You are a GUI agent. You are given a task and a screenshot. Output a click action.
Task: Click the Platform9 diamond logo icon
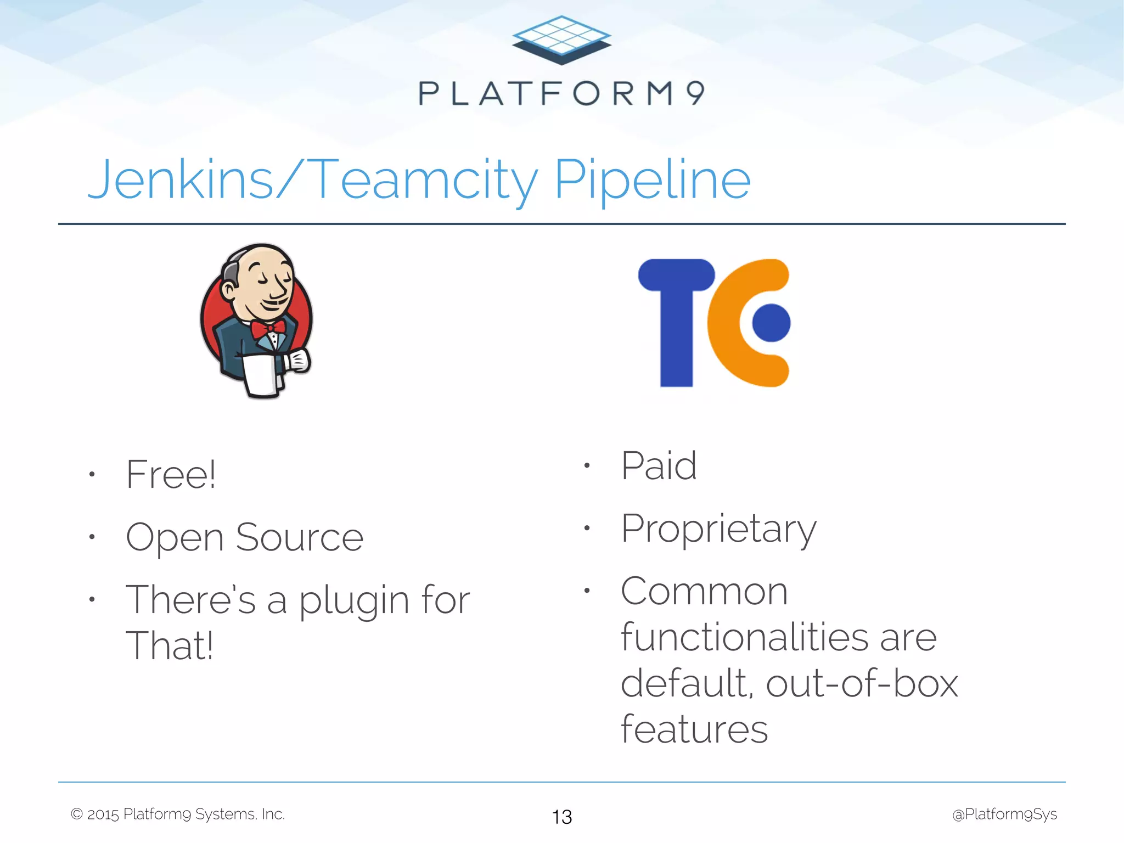point(561,40)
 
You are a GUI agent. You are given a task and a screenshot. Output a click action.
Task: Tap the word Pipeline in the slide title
point(652,180)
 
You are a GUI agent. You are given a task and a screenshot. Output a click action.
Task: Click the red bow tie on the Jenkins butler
point(268,329)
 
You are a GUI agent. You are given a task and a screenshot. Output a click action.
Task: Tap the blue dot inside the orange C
point(771,323)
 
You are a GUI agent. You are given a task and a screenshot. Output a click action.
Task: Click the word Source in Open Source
point(300,537)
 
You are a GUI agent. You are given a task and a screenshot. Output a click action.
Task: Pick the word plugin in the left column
point(353,601)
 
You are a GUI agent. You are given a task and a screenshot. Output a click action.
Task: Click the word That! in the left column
point(169,646)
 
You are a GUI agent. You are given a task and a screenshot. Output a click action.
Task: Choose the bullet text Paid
point(659,466)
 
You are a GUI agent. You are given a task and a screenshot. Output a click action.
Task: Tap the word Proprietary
point(718,530)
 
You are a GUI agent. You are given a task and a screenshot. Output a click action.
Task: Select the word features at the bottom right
point(694,729)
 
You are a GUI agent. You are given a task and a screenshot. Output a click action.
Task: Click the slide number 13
point(561,817)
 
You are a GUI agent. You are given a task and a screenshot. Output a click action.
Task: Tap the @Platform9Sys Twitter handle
point(1004,814)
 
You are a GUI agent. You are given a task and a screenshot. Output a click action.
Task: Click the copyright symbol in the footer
point(77,814)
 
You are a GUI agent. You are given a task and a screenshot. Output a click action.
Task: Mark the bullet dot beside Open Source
point(92,537)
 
